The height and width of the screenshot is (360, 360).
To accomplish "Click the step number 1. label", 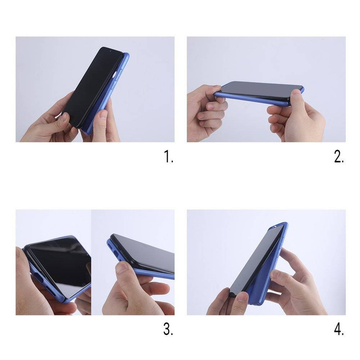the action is coord(168,156).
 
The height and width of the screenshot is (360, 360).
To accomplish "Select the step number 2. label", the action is coord(339,157).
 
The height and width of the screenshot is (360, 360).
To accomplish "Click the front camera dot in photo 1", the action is coord(110,51).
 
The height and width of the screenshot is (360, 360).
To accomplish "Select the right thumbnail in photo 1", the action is coord(103,115).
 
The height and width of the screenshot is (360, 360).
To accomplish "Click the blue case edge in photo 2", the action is coord(250,98).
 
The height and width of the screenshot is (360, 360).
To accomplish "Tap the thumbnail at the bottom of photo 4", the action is coord(242,297).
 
